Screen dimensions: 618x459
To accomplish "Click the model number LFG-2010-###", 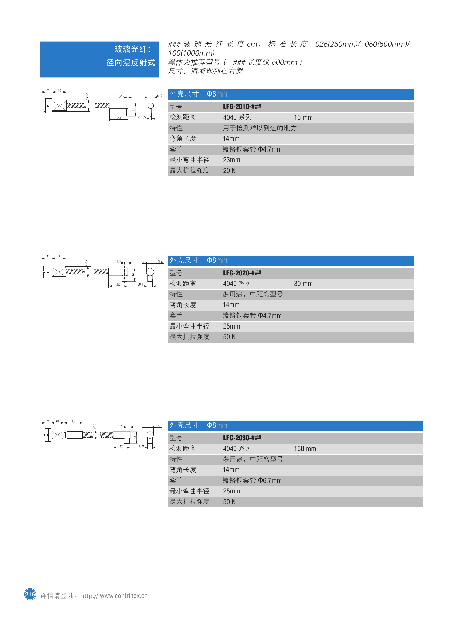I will [242, 107].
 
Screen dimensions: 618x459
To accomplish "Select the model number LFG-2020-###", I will [242, 273].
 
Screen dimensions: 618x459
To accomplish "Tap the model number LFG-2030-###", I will [242, 438].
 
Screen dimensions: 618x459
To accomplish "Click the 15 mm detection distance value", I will [303, 118].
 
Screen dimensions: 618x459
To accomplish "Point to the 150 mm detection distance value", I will [305, 449].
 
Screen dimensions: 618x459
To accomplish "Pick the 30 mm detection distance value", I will [303, 284].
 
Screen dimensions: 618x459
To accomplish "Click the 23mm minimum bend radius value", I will [232, 160].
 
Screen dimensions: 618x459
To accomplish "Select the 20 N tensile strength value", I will [229, 170].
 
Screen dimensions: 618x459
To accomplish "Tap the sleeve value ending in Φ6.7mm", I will [252, 480].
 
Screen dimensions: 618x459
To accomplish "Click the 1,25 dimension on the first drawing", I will [120, 96].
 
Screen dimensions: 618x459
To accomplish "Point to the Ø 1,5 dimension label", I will [142, 117].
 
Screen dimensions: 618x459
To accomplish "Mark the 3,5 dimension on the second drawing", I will [119, 261].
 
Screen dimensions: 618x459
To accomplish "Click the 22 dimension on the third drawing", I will [73, 421].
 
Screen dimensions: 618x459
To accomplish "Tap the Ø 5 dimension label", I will [141, 285].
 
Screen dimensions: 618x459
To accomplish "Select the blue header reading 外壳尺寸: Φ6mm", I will [291, 94].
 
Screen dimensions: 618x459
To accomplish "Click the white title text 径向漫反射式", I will [131, 63].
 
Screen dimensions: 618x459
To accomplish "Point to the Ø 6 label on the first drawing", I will [160, 95].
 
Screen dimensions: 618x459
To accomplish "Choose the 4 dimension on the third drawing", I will [122, 425].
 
